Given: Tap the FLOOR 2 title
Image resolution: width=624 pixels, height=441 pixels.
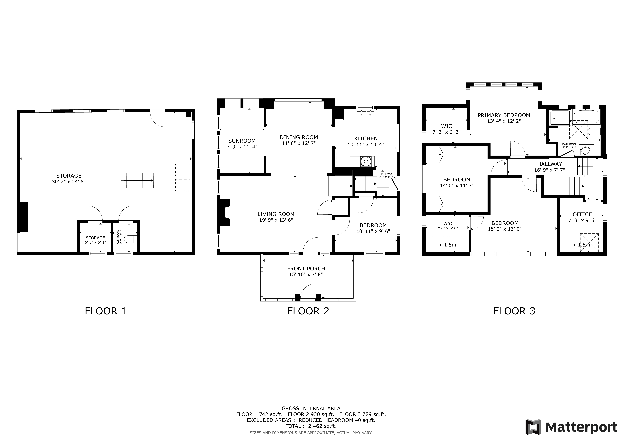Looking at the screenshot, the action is (x=308, y=311).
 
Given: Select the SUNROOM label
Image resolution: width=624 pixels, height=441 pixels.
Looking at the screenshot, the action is (x=242, y=141).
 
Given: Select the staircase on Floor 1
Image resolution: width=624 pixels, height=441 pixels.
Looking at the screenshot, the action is (x=138, y=180).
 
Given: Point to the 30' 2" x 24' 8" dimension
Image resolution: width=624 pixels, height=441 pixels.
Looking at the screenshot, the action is (x=69, y=182).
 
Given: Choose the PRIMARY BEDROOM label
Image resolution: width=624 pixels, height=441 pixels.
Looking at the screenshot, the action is (x=504, y=115).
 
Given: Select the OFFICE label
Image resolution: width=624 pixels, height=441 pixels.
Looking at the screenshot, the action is (x=582, y=214).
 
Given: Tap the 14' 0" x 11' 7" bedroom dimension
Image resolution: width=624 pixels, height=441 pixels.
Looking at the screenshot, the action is (x=457, y=186).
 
